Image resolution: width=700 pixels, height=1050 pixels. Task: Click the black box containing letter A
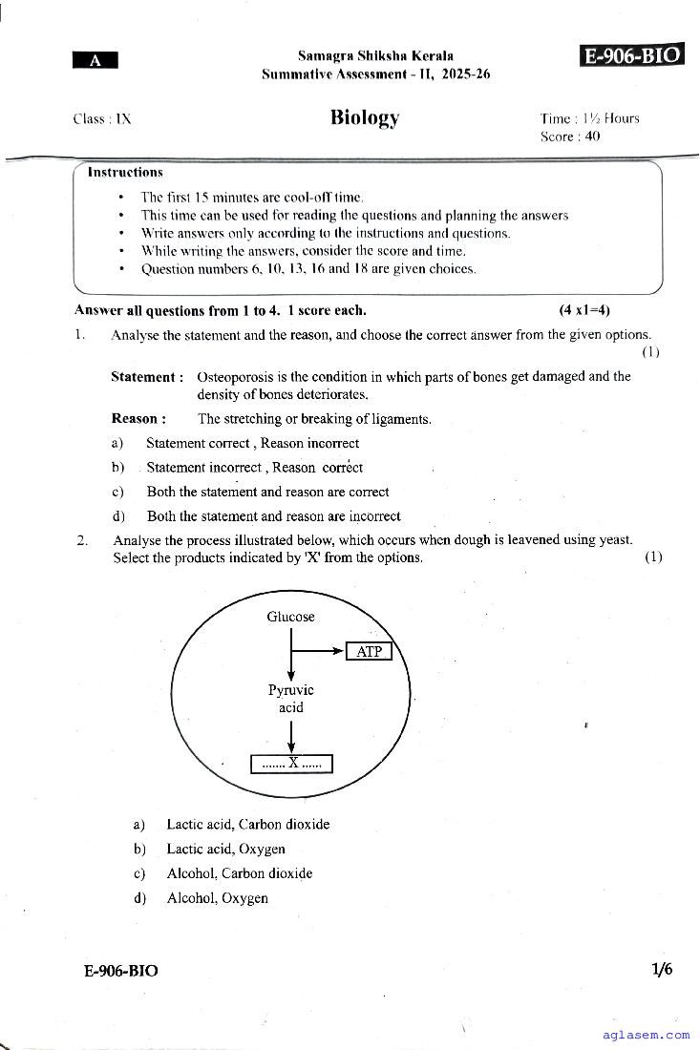pyautogui.click(x=95, y=60)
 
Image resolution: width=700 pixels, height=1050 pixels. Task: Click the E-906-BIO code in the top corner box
pyautogui.click(x=632, y=55)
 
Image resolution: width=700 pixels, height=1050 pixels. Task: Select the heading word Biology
pyautogui.click(x=365, y=117)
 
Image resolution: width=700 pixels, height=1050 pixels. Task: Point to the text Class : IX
pyautogui.click(x=102, y=119)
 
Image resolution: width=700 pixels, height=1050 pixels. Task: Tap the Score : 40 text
pyautogui.click(x=570, y=136)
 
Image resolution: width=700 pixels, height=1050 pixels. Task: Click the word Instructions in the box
pyautogui.click(x=125, y=173)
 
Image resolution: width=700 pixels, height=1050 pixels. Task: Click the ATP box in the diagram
pyautogui.click(x=369, y=652)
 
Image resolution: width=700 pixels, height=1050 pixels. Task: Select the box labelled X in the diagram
pyautogui.click(x=291, y=763)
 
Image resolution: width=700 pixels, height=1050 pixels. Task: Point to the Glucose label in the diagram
pyautogui.click(x=290, y=617)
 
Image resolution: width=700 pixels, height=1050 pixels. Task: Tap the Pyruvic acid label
pyautogui.click(x=290, y=699)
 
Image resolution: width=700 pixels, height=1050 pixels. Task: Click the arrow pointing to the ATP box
pyautogui.click(x=320, y=652)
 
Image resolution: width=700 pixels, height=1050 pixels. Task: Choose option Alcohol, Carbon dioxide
pyautogui.click(x=239, y=873)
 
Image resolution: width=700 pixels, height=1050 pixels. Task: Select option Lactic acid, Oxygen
pyautogui.click(x=225, y=849)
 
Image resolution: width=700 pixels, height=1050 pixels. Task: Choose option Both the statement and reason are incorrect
pyautogui.click(x=273, y=516)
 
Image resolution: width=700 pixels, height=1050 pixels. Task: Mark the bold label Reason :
pyautogui.click(x=138, y=419)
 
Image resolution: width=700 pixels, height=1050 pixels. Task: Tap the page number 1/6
pyautogui.click(x=662, y=970)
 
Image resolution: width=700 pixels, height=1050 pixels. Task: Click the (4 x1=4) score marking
pyautogui.click(x=584, y=310)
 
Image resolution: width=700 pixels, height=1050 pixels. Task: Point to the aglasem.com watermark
pyautogui.click(x=647, y=1035)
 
